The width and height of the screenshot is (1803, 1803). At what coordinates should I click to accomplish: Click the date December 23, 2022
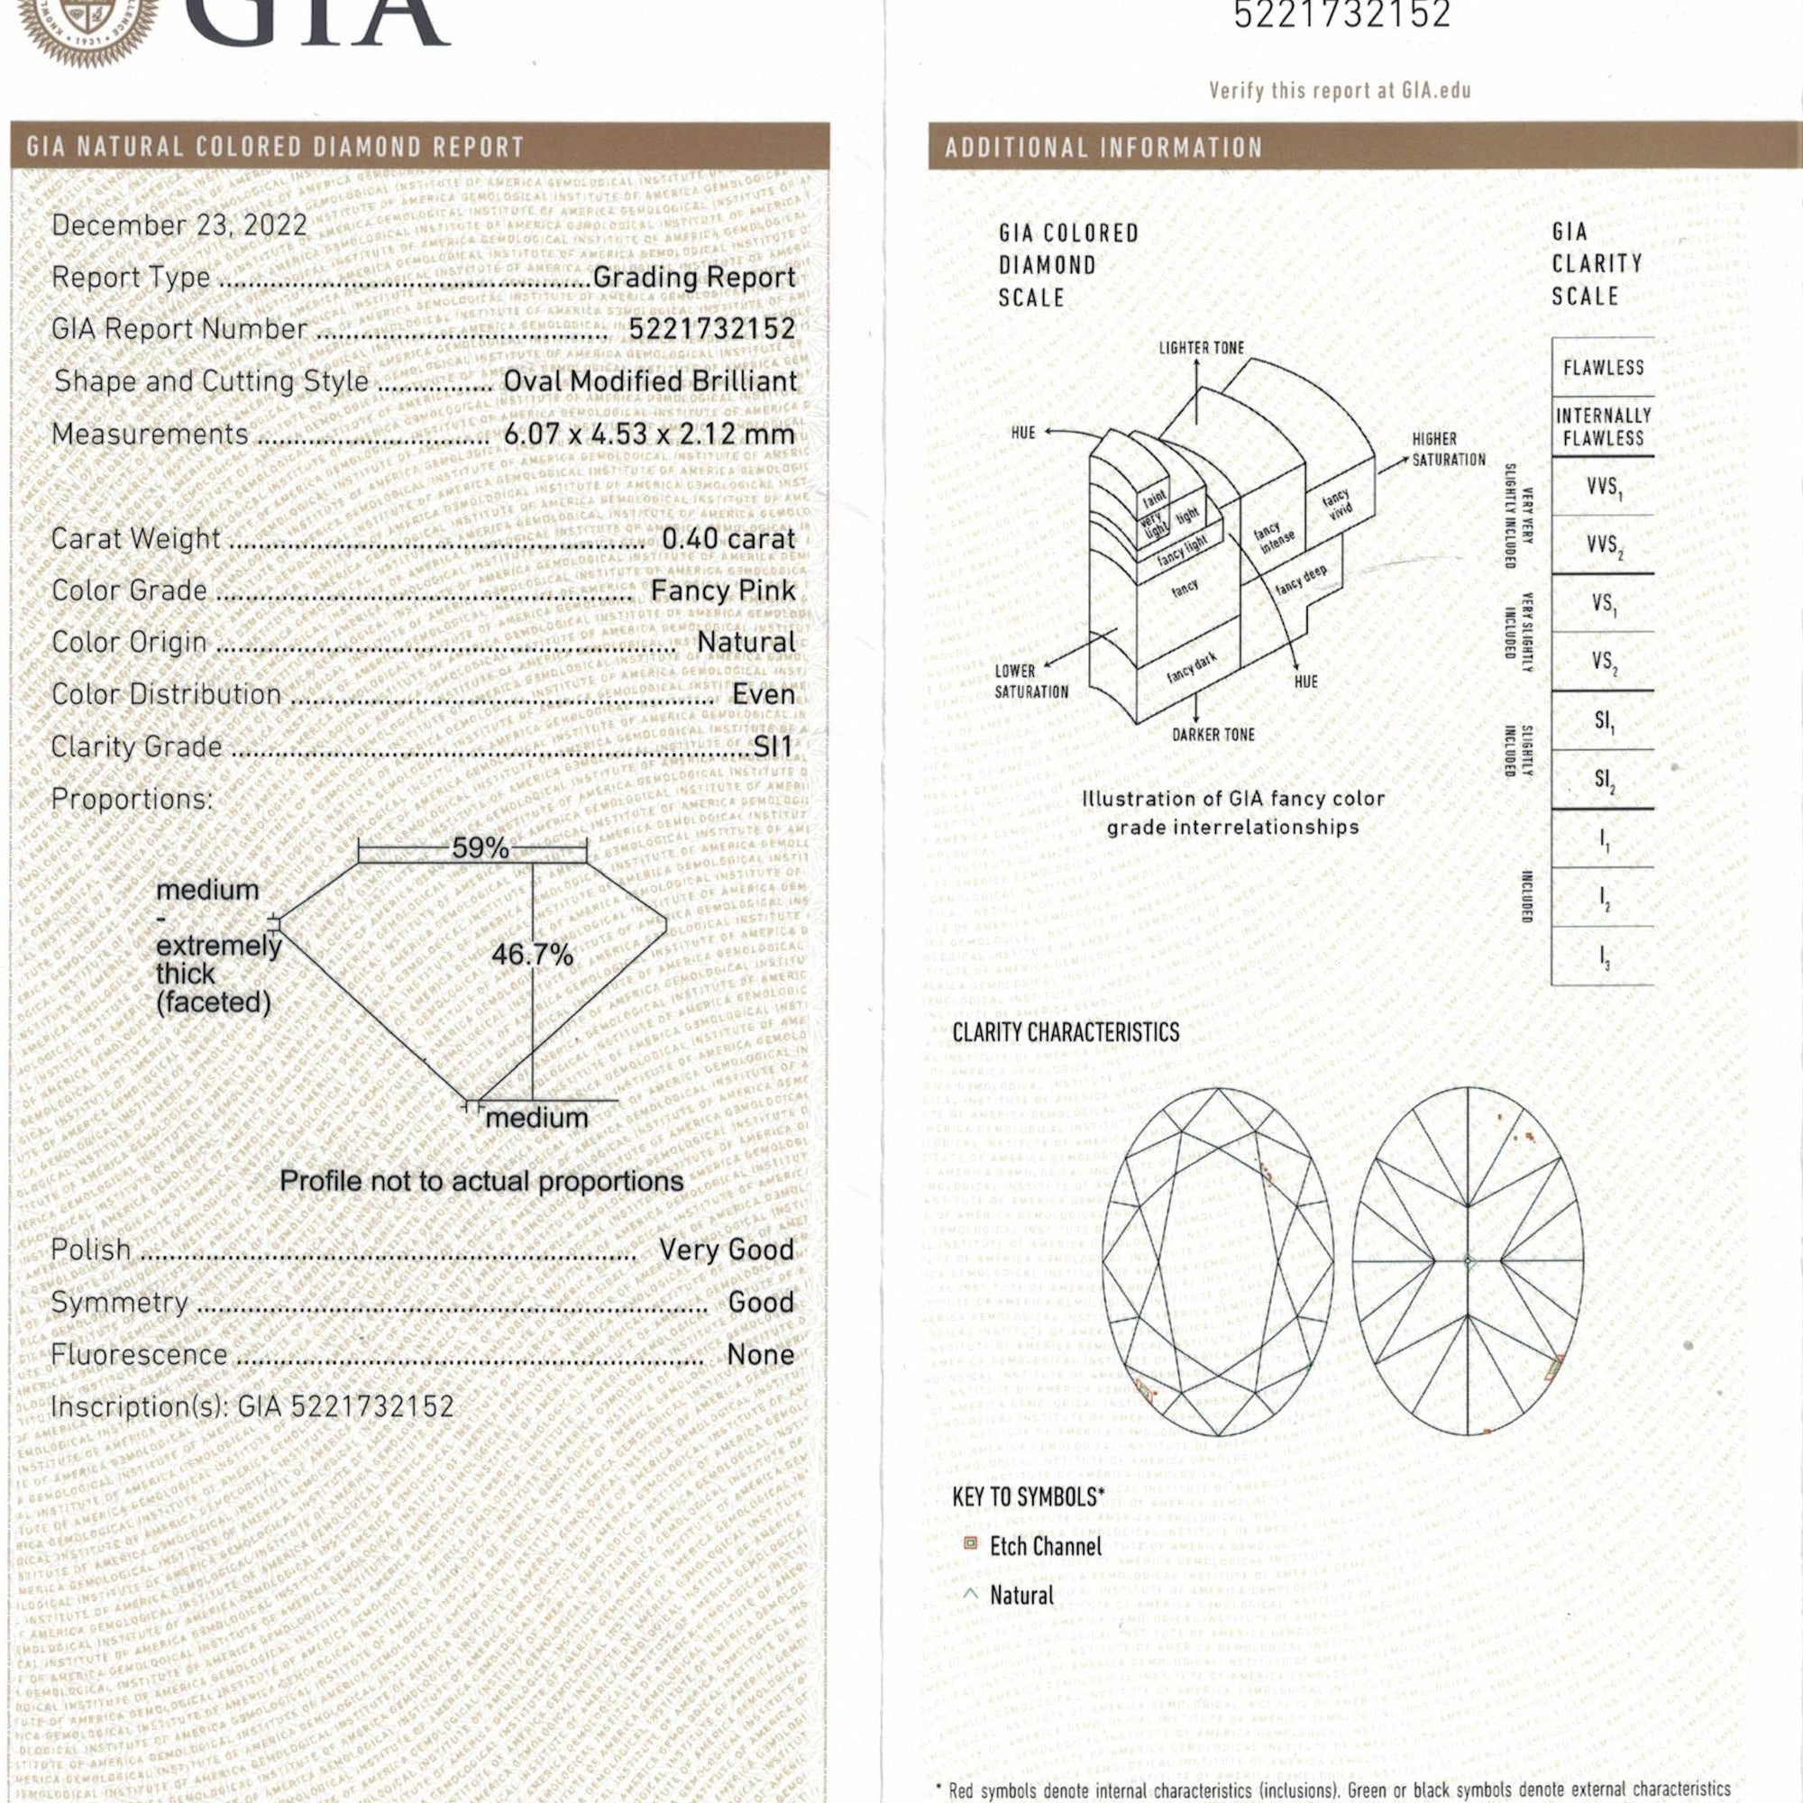pos(179,224)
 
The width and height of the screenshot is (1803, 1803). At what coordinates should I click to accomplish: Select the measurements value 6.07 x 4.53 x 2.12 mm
pos(648,434)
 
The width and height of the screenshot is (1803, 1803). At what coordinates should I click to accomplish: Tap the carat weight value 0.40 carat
pos(728,538)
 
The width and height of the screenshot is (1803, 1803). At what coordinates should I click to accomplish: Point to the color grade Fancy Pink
pos(723,590)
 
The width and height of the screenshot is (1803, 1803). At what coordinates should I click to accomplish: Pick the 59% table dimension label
pos(480,848)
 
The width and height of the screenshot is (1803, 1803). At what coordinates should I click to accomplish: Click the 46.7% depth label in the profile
pos(532,955)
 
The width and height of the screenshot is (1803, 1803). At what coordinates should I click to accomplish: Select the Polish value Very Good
pos(726,1249)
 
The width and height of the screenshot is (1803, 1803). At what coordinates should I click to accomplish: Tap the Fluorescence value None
pos(761,1354)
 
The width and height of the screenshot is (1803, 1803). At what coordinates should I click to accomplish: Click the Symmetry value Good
pos(761,1302)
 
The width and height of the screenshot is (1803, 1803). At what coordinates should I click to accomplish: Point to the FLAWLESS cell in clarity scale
pos(1603,368)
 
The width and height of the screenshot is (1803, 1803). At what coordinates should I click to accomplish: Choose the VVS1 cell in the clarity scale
pos(1603,487)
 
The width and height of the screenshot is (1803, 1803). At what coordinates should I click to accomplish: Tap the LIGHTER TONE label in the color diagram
pos(1201,348)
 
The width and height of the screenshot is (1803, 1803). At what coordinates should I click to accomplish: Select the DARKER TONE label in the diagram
pos(1213,735)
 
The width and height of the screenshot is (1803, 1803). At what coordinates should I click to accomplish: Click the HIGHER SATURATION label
pos(1449,449)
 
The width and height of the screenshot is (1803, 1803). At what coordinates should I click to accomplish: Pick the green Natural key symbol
pos(971,1595)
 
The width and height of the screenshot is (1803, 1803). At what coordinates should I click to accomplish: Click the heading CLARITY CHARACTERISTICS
pos(1066,1032)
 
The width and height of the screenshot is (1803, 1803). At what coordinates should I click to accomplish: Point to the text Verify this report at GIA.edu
pos(1340,91)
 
